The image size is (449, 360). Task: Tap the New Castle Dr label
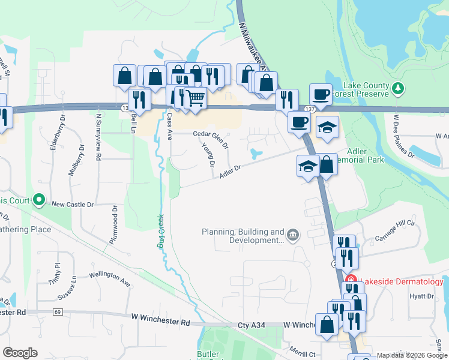pos(73,204)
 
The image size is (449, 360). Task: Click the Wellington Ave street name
pos(109,280)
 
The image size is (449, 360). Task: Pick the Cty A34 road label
pos(251,325)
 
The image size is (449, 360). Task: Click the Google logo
pos(20,353)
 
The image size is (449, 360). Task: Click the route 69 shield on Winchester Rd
pos(58,312)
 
